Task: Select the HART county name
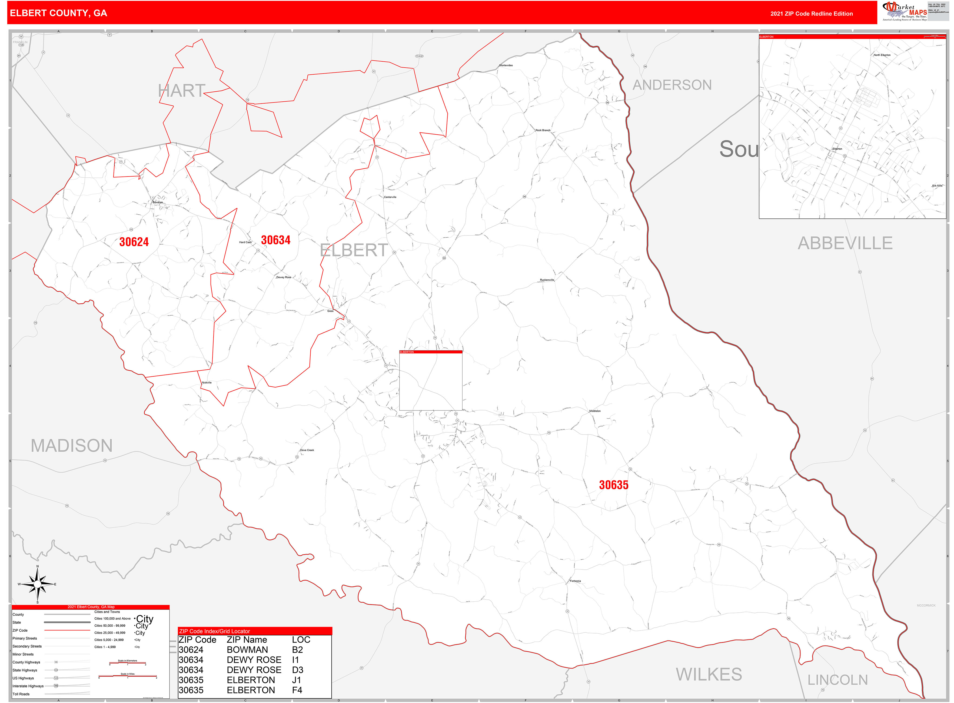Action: click(182, 91)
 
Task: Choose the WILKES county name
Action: click(709, 675)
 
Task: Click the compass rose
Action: click(38, 584)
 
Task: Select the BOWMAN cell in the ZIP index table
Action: click(247, 650)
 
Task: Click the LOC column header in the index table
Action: click(301, 639)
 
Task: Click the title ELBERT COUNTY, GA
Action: click(58, 13)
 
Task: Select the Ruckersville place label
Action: click(547, 280)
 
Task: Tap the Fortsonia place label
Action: click(575, 581)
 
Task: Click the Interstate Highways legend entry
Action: click(28, 686)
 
